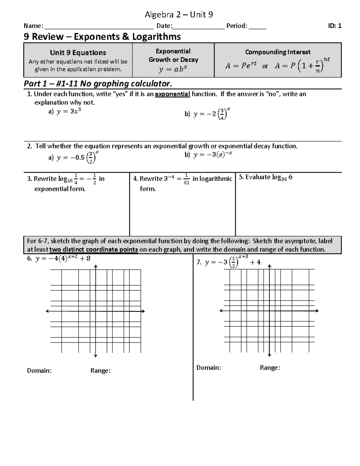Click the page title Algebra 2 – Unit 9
coord(179,14)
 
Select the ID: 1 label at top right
coord(334,26)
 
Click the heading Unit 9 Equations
coord(78,53)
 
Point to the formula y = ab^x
coord(173,69)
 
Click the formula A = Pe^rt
coord(241,65)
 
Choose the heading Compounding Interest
coord(277,52)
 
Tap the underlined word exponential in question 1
coord(172,94)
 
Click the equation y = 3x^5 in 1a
coord(69,112)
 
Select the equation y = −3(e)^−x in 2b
coord(213,155)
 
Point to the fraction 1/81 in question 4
coord(186,179)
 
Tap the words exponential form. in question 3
coord(60,189)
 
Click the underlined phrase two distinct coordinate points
coord(94,250)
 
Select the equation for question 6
coord(63,258)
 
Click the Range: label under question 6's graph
coord(100,371)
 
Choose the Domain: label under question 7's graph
coord(209,368)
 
